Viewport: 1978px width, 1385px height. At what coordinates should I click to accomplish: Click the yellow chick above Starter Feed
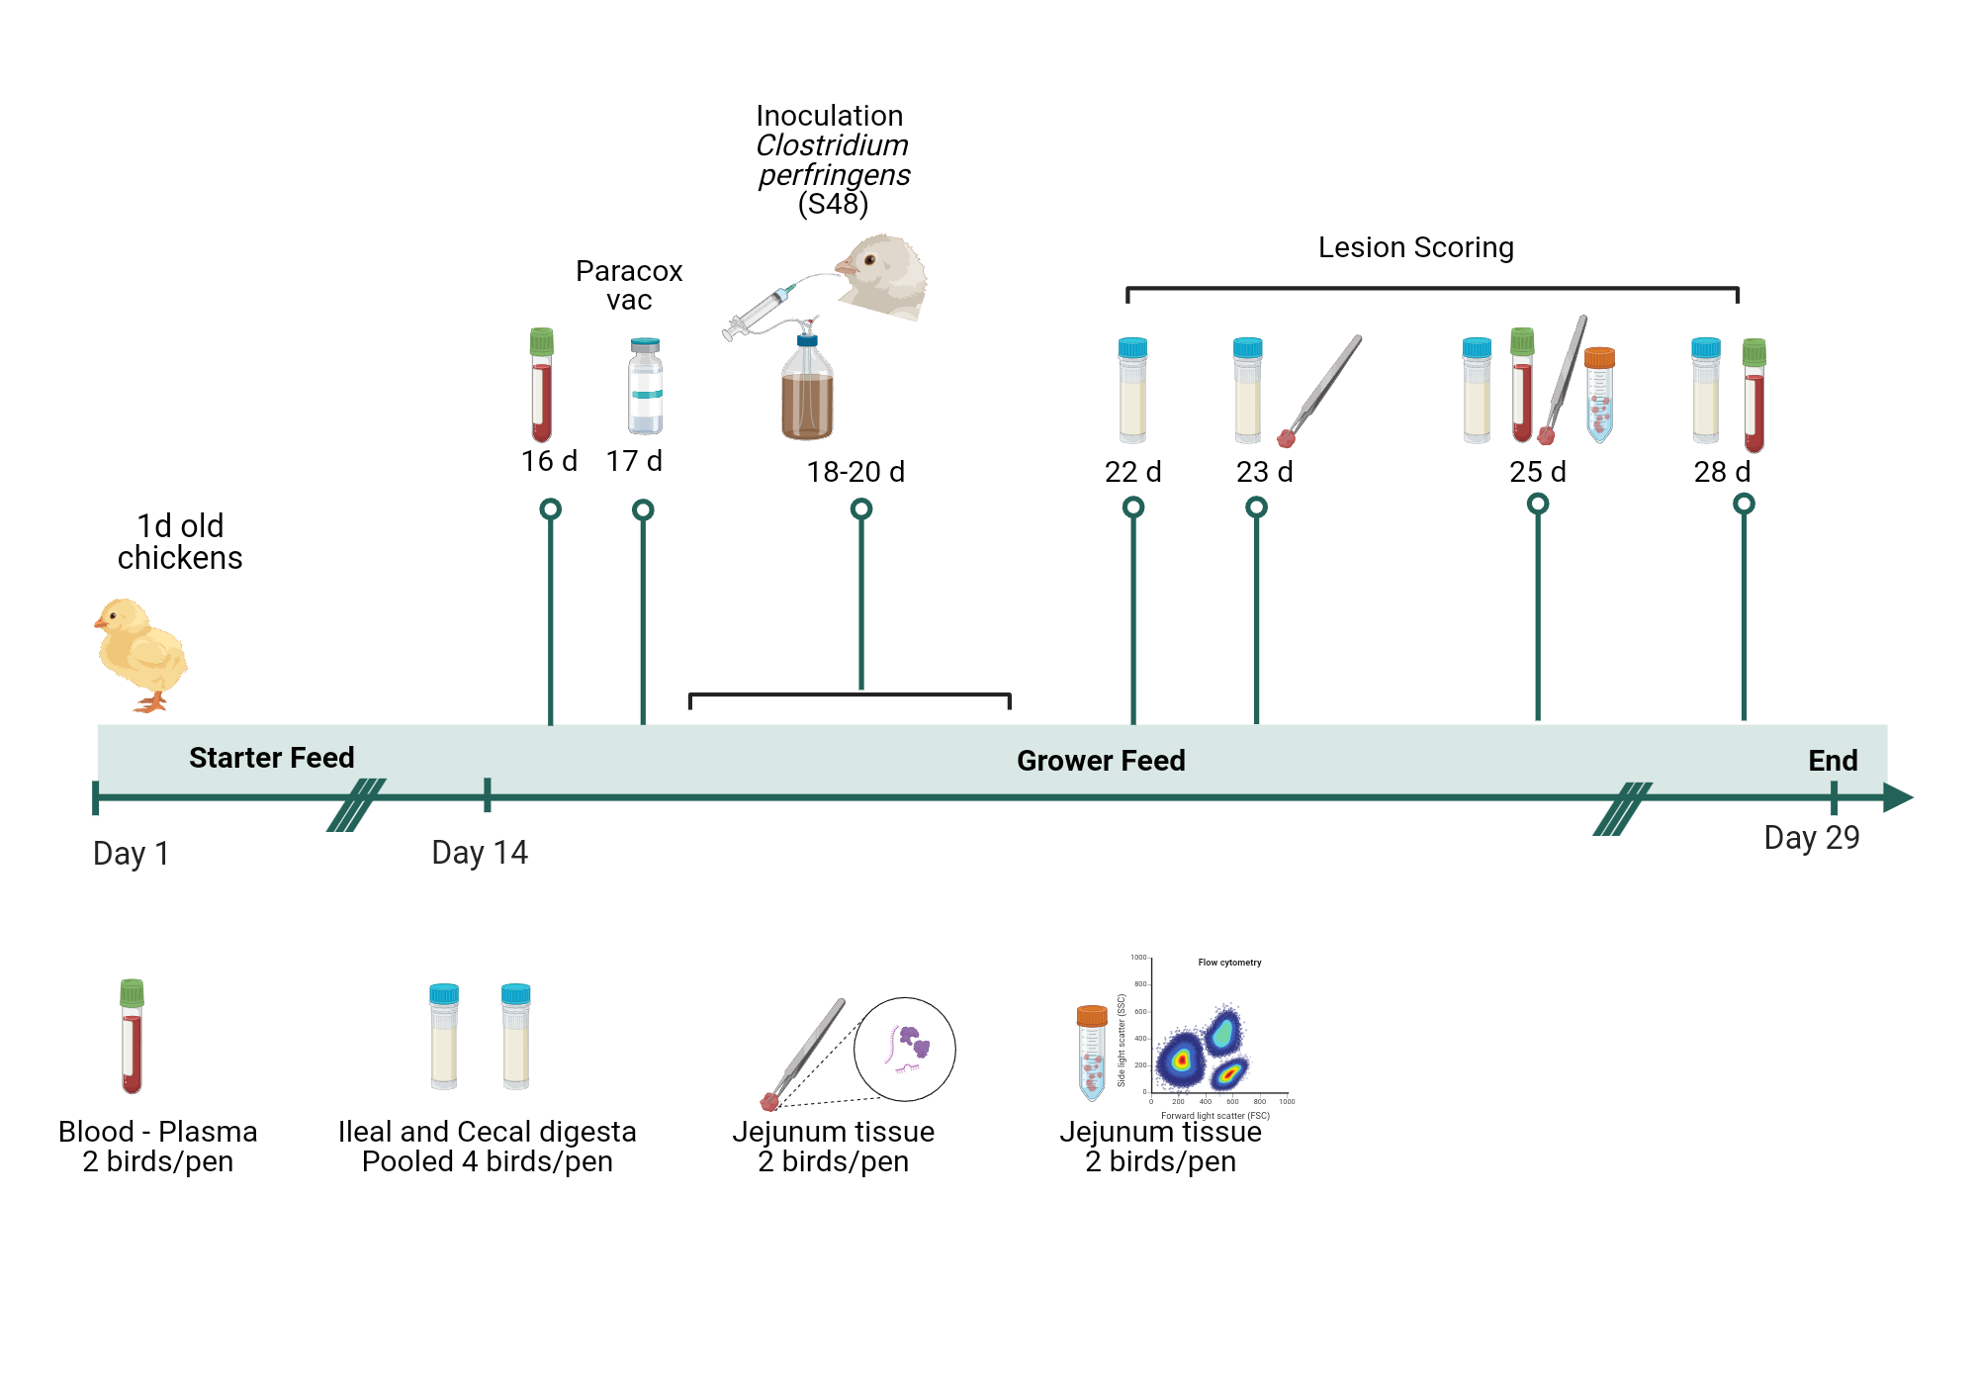pyautogui.click(x=141, y=653)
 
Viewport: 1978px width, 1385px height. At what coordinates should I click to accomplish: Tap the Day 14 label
pyautogui.click(x=480, y=853)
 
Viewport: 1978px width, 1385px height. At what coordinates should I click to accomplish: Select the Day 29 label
pyautogui.click(x=1812, y=838)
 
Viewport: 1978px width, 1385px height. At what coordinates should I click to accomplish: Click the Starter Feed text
pyautogui.click(x=271, y=758)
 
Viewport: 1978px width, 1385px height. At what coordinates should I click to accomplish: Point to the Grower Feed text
pyautogui.click(x=1101, y=761)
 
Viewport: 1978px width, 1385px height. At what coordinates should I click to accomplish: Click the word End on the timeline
pyautogui.click(x=1833, y=761)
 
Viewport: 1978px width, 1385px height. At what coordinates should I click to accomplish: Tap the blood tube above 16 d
pyautogui.click(x=541, y=385)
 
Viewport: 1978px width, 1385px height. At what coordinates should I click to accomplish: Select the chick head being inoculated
pyautogui.click(x=883, y=274)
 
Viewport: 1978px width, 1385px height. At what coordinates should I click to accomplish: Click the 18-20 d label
pyautogui.click(x=855, y=472)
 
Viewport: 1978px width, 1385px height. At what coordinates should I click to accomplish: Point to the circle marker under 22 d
pyautogui.click(x=1133, y=508)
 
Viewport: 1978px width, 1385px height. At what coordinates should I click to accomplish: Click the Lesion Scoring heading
pyautogui.click(x=1415, y=247)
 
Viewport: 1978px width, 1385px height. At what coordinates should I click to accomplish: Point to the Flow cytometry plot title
pyautogui.click(x=1229, y=963)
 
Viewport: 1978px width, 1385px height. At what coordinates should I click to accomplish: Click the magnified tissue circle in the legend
pyautogui.click(x=905, y=1049)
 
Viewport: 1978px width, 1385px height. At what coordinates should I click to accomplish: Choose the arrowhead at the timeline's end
pyautogui.click(x=1898, y=797)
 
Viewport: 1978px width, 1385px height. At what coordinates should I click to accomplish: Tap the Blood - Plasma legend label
pyautogui.click(x=158, y=1132)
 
